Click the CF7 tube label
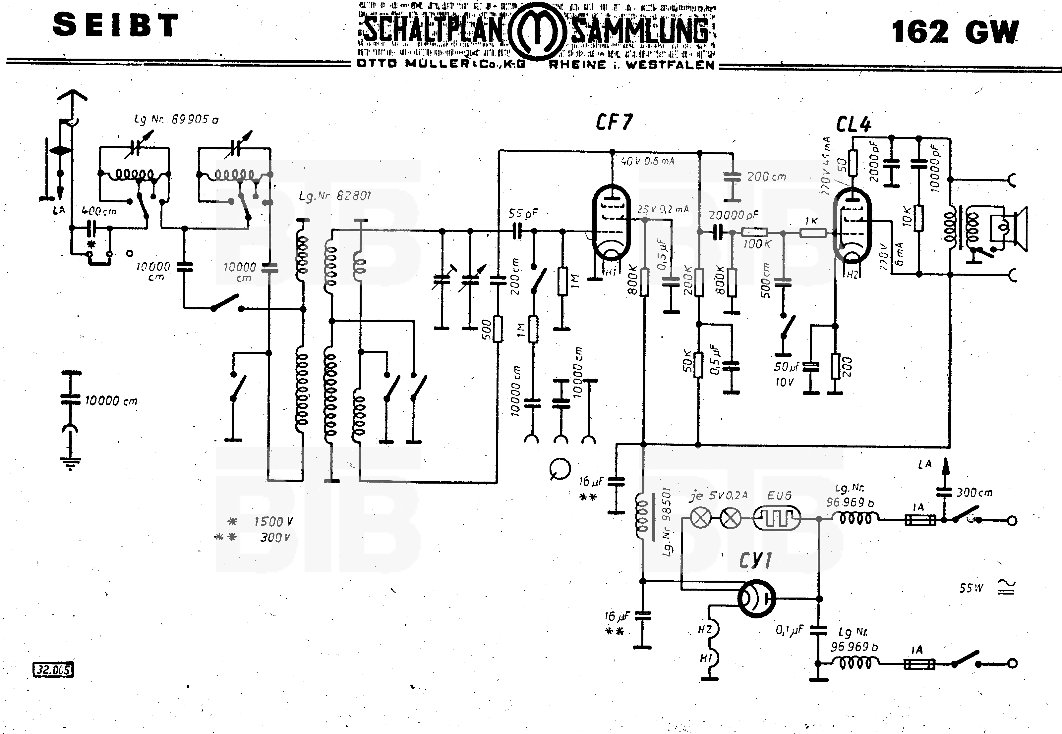click(x=614, y=122)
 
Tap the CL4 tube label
click(x=853, y=125)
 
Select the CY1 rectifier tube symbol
click(x=756, y=598)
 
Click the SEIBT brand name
click(x=115, y=25)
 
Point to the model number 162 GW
click(x=955, y=32)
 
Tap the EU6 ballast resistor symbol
click(x=777, y=519)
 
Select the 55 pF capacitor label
click(x=523, y=214)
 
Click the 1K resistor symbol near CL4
click(x=813, y=233)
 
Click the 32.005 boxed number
click(x=54, y=670)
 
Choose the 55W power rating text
click(x=971, y=588)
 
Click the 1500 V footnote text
click(x=273, y=522)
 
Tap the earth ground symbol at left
click(x=70, y=462)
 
